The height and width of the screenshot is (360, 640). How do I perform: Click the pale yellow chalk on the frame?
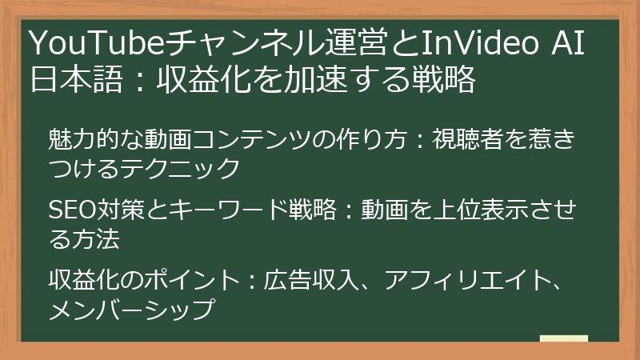click(x=563, y=338)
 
